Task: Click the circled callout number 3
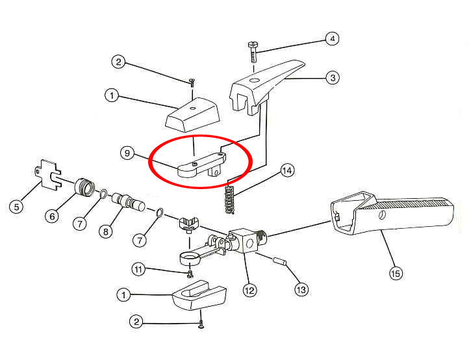tap(333, 78)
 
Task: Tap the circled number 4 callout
tap(333, 38)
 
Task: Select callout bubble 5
tap(16, 207)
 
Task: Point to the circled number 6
tap(52, 216)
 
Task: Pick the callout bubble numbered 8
tap(106, 231)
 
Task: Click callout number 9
tap(127, 153)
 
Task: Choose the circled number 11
tap(138, 269)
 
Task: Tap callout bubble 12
tap(249, 290)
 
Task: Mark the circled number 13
tap(301, 289)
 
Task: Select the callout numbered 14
tap(287, 170)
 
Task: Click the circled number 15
tap(396, 273)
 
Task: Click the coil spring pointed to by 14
tap(230, 199)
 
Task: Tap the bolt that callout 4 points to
tap(253, 52)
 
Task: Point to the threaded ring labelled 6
tap(84, 187)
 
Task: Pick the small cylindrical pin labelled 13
tap(280, 261)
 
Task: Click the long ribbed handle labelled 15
tap(392, 212)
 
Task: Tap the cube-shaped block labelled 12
tap(243, 241)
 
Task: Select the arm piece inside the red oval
tap(202, 166)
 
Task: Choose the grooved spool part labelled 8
tap(129, 202)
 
